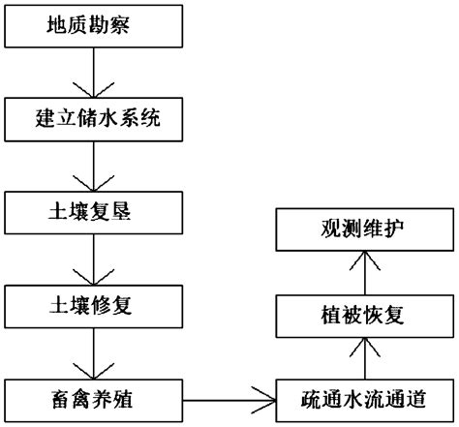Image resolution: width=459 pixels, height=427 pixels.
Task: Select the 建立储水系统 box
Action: point(92,120)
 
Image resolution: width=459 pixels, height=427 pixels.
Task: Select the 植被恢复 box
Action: point(362,317)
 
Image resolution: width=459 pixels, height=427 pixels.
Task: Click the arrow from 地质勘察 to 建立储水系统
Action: point(92,74)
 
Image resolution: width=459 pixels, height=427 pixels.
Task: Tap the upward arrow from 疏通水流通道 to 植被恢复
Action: point(362,358)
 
